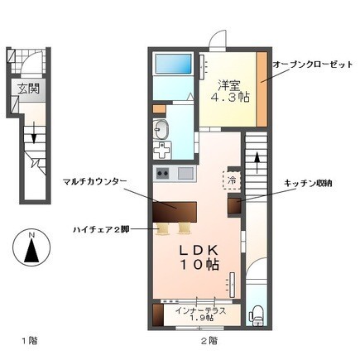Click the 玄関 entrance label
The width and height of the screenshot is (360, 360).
[x=29, y=89]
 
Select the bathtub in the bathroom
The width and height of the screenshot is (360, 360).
[x=173, y=64]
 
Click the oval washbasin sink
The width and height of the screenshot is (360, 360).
[x=161, y=129]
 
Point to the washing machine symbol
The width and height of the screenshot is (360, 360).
[x=162, y=150]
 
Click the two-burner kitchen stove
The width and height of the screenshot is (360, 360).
[x=163, y=174]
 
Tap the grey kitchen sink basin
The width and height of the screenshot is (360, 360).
[x=185, y=174]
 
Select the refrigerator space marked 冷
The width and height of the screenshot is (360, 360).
[x=232, y=180]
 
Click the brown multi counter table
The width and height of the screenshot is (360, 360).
[x=175, y=212]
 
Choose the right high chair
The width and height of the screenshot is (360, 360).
[x=184, y=228]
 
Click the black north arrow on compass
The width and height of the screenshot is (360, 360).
[x=31, y=251]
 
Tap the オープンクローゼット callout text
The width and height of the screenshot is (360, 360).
[x=313, y=65]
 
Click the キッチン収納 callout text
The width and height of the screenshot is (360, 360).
[x=308, y=183]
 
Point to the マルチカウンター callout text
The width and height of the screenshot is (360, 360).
[x=94, y=181]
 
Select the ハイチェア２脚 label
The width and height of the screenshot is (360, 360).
[x=101, y=229]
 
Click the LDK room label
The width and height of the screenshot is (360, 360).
[x=199, y=250]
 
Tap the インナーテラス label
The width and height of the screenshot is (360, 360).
[x=200, y=311]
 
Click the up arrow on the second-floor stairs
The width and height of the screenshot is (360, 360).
[x=257, y=163]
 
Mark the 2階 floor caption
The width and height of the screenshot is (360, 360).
[x=209, y=341]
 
